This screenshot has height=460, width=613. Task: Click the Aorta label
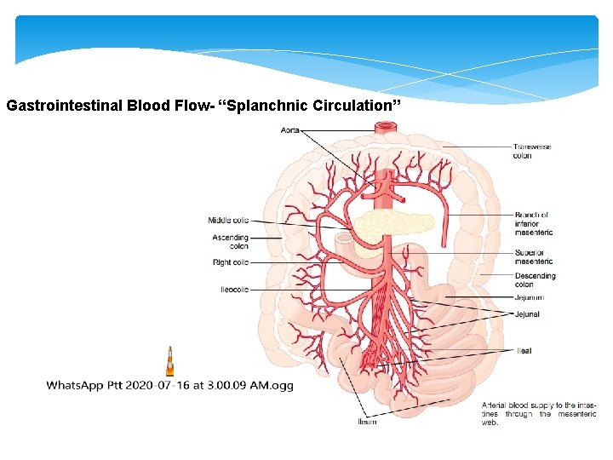coord(289,129)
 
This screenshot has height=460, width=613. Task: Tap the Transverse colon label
coord(532,152)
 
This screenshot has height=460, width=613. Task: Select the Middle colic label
coord(228,221)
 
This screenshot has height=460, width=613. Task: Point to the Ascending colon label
coord(231,242)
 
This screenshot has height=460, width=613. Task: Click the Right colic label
coord(231,262)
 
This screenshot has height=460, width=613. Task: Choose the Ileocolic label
coord(234,290)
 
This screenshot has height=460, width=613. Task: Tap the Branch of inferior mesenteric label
coord(533,223)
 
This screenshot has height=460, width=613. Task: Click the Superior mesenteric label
coord(533,256)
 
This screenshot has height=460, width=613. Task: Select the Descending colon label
coord(535,279)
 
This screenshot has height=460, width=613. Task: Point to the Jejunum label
coord(529,297)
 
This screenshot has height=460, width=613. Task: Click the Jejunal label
coord(526,314)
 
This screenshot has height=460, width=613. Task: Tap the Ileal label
coord(524,350)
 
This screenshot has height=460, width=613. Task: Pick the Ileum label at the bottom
coord(367,422)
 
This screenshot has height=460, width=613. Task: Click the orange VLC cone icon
coord(169,361)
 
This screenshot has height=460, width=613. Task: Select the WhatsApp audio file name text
coord(169,385)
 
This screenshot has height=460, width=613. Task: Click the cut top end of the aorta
coord(387,128)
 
